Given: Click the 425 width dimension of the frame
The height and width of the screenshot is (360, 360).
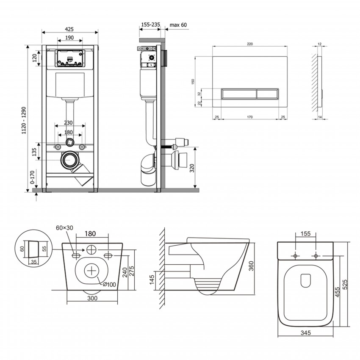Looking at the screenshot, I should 70,29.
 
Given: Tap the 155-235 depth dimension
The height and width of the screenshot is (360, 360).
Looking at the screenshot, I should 150,25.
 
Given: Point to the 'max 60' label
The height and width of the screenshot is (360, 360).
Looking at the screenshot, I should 178,25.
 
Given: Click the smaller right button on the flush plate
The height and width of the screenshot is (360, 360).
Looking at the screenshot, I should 268,92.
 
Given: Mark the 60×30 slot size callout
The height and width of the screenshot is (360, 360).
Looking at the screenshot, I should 64,227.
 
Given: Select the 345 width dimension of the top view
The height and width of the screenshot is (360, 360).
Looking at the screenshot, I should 305,333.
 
